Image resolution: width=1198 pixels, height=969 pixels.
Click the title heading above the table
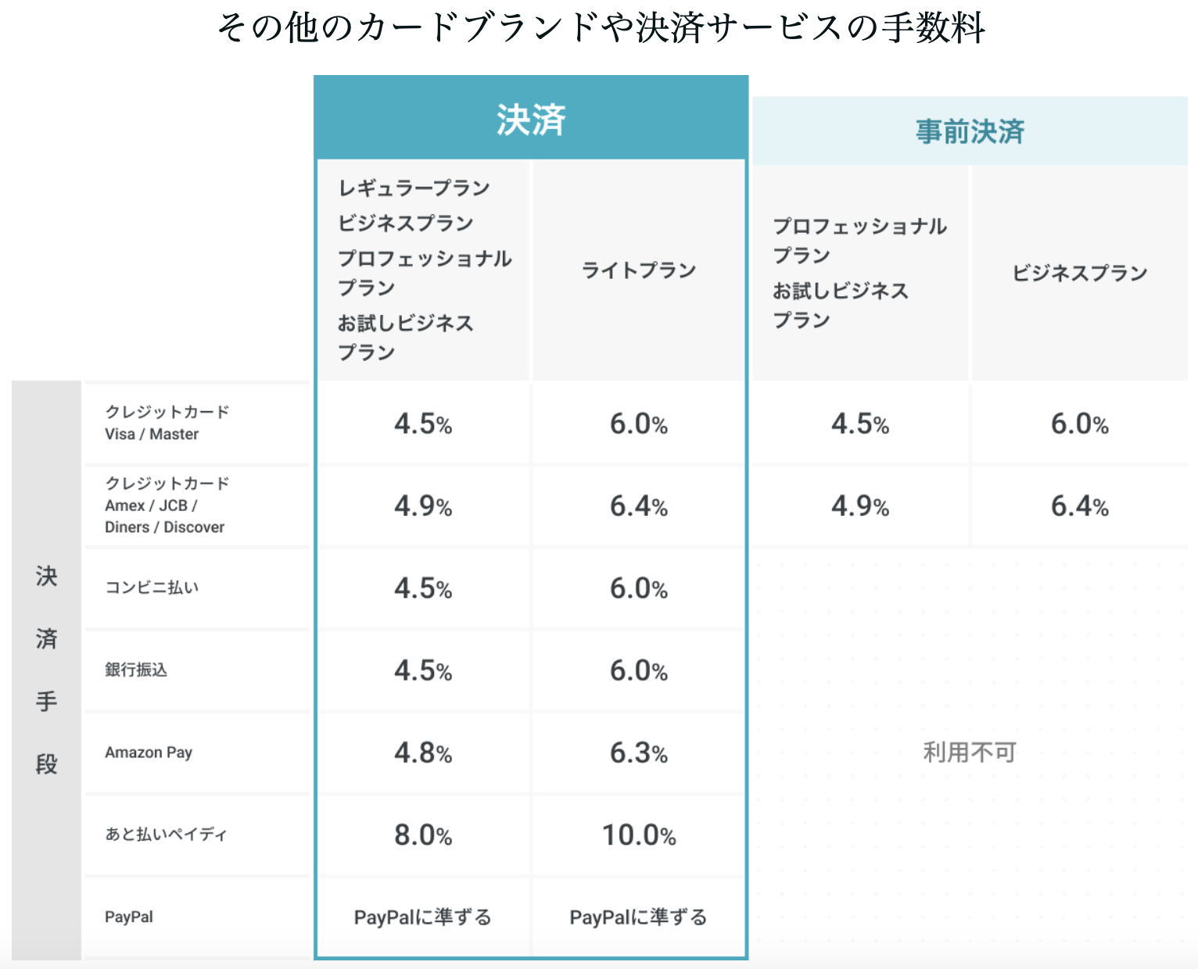coord(601,28)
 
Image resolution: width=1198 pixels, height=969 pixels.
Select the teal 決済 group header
coord(531,120)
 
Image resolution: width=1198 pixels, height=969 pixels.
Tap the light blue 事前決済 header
coord(970,131)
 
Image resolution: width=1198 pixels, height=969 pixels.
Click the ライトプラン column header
coord(639,270)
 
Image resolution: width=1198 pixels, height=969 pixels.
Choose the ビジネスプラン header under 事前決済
coord(1080,273)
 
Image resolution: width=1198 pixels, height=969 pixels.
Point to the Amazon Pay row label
coord(149,753)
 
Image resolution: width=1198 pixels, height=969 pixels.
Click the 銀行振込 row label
coord(136,670)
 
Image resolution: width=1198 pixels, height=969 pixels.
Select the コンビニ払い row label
coord(152,588)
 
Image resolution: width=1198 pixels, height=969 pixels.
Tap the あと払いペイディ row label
coord(166,835)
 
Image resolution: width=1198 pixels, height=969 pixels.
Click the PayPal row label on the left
coord(129,917)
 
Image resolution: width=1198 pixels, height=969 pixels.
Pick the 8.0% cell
coord(423,835)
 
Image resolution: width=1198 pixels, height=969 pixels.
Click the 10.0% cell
coord(639,835)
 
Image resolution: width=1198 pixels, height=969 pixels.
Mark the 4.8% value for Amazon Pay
coord(423,753)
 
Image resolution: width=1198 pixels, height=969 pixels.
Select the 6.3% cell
coord(639,753)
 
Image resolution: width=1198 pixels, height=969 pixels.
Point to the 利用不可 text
coord(970,753)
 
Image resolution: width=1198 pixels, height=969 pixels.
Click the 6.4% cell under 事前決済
coord(1080,506)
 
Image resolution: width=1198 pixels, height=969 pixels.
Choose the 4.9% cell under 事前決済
coord(860,506)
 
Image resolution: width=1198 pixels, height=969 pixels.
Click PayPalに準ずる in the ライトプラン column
coord(638,917)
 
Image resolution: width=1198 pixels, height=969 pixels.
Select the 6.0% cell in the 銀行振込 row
coord(639,671)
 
